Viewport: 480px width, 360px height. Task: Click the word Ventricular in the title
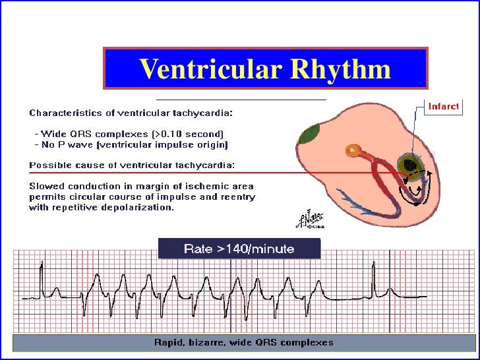coord(209,69)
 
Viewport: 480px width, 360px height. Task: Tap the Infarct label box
coord(444,106)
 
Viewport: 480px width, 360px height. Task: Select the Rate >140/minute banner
coord(239,249)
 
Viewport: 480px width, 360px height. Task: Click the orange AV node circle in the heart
coord(353,152)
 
